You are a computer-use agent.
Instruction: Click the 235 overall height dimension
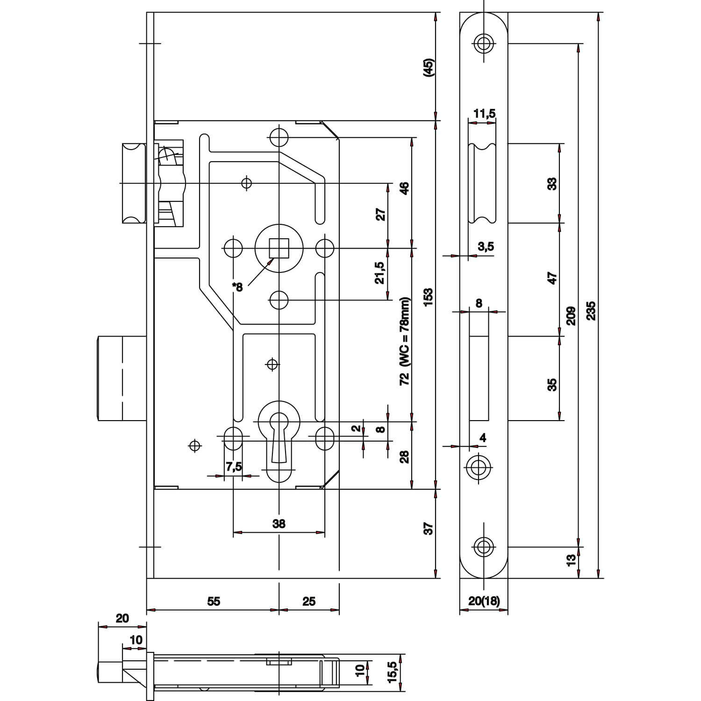(591, 309)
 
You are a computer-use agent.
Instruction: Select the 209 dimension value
(571, 315)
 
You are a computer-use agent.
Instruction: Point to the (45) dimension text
(429, 68)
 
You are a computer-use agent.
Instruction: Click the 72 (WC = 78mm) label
(405, 341)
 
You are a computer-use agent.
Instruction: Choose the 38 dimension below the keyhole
(279, 524)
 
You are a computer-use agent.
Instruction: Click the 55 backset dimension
(214, 601)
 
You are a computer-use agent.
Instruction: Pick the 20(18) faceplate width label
(484, 601)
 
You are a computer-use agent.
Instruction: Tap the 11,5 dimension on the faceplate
(484, 114)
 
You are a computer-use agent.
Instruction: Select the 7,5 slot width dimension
(234, 466)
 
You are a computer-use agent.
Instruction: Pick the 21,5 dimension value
(380, 272)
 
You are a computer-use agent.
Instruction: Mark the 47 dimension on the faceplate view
(552, 279)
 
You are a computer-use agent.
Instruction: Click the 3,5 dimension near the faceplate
(486, 246)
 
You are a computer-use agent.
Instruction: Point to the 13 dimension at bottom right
(571, 561)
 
